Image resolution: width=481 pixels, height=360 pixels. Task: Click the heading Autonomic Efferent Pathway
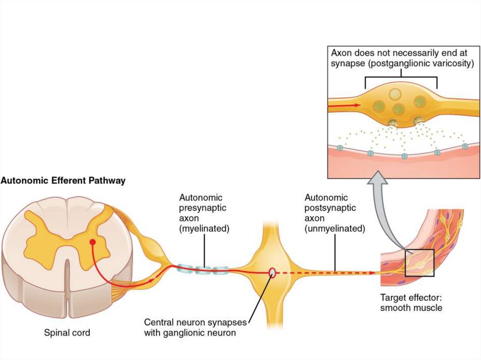[x=63, y=180]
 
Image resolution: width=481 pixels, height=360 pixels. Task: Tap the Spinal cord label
[x=67, y=333]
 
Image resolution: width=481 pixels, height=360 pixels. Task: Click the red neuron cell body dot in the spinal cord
[x=93, y=242]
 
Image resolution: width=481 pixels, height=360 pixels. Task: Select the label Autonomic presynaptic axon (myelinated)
[x=204, y=214]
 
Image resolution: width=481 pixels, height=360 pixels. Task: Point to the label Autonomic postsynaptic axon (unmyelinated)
[x=334, y=214]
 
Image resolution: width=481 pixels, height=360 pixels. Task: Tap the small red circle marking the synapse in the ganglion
[x=272, y=272]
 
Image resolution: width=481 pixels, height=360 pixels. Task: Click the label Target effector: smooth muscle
[x=411, y=302]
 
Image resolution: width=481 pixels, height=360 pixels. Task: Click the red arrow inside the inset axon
[x=345, y=105]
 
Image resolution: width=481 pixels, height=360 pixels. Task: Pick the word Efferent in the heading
[x=64, y=180]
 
